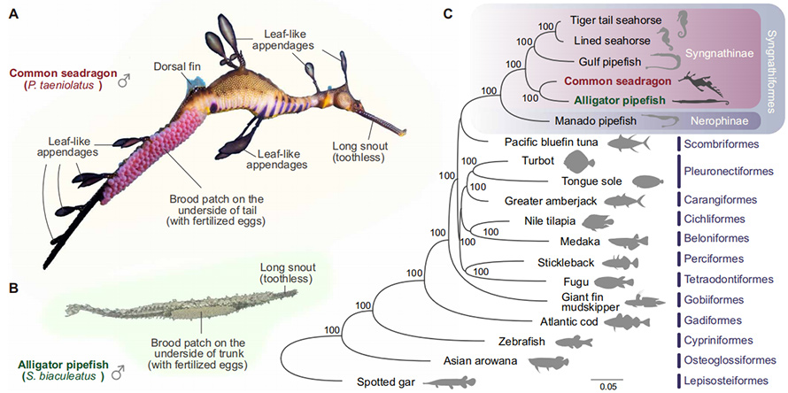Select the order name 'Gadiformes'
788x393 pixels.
(715, 320)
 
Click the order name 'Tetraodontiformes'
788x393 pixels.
(729, 279)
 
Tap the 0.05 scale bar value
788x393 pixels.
(608, 387)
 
